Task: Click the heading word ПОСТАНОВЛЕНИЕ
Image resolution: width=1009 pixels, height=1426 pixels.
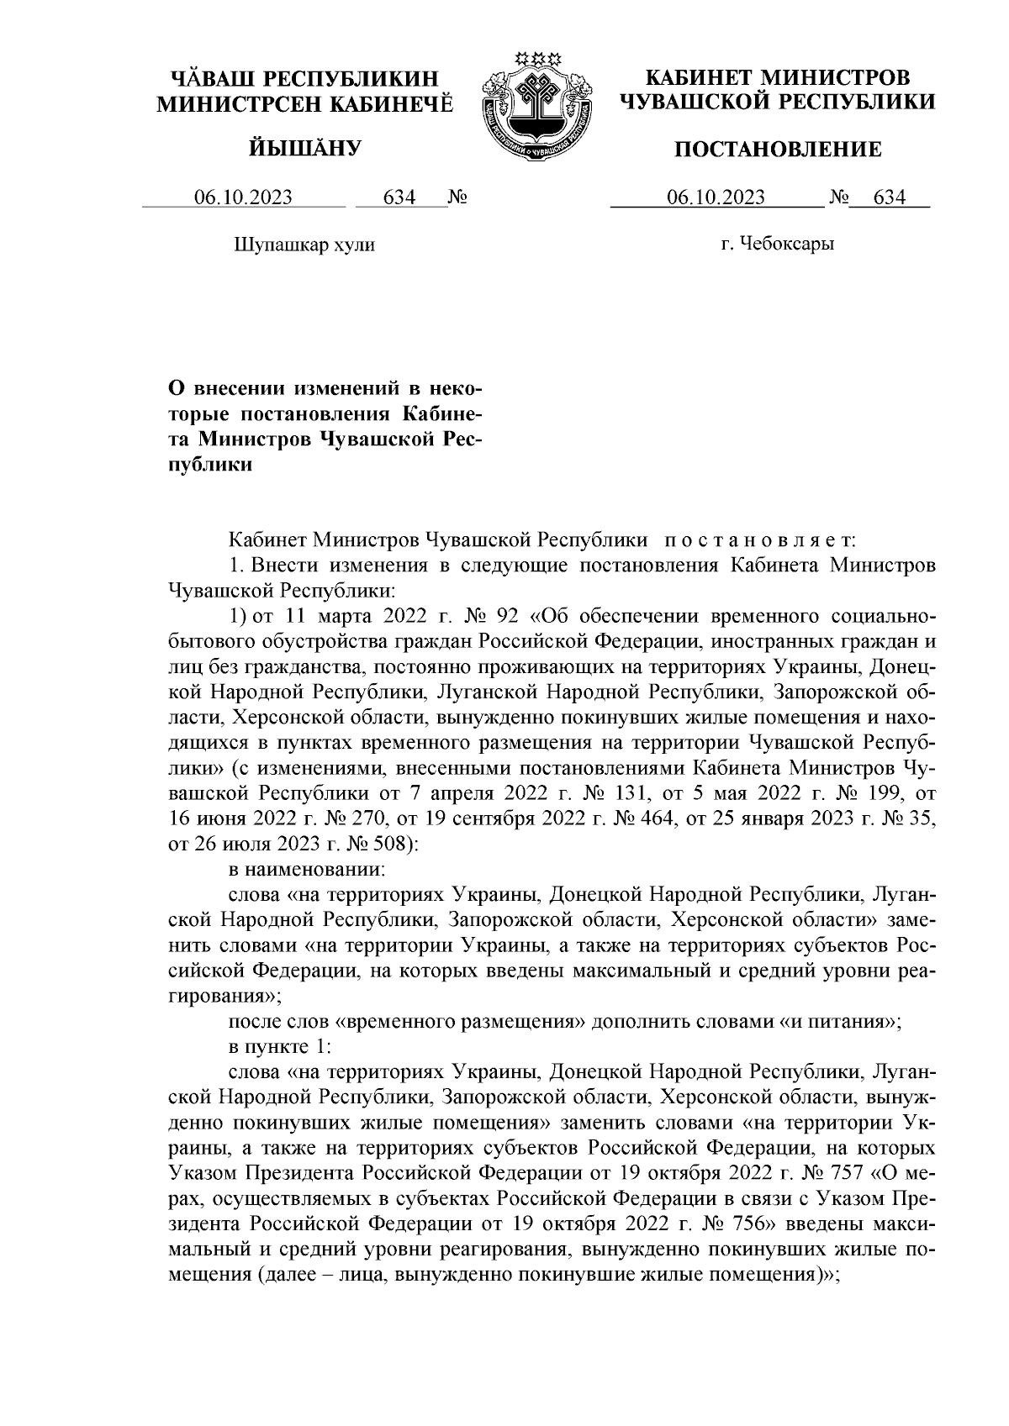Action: (x=779, y=150)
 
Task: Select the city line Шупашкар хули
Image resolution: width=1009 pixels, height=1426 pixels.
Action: (x=304, y=245)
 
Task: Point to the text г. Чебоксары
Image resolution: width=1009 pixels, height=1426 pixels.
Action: (x=777, y=245)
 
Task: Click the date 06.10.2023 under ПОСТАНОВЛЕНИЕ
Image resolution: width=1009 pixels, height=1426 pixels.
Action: (x=716, y=198)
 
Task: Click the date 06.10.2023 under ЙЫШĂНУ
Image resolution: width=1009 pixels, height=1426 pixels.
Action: (x=243, y=198)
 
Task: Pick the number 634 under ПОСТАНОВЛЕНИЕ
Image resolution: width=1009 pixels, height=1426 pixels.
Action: (x=890, y=198)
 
